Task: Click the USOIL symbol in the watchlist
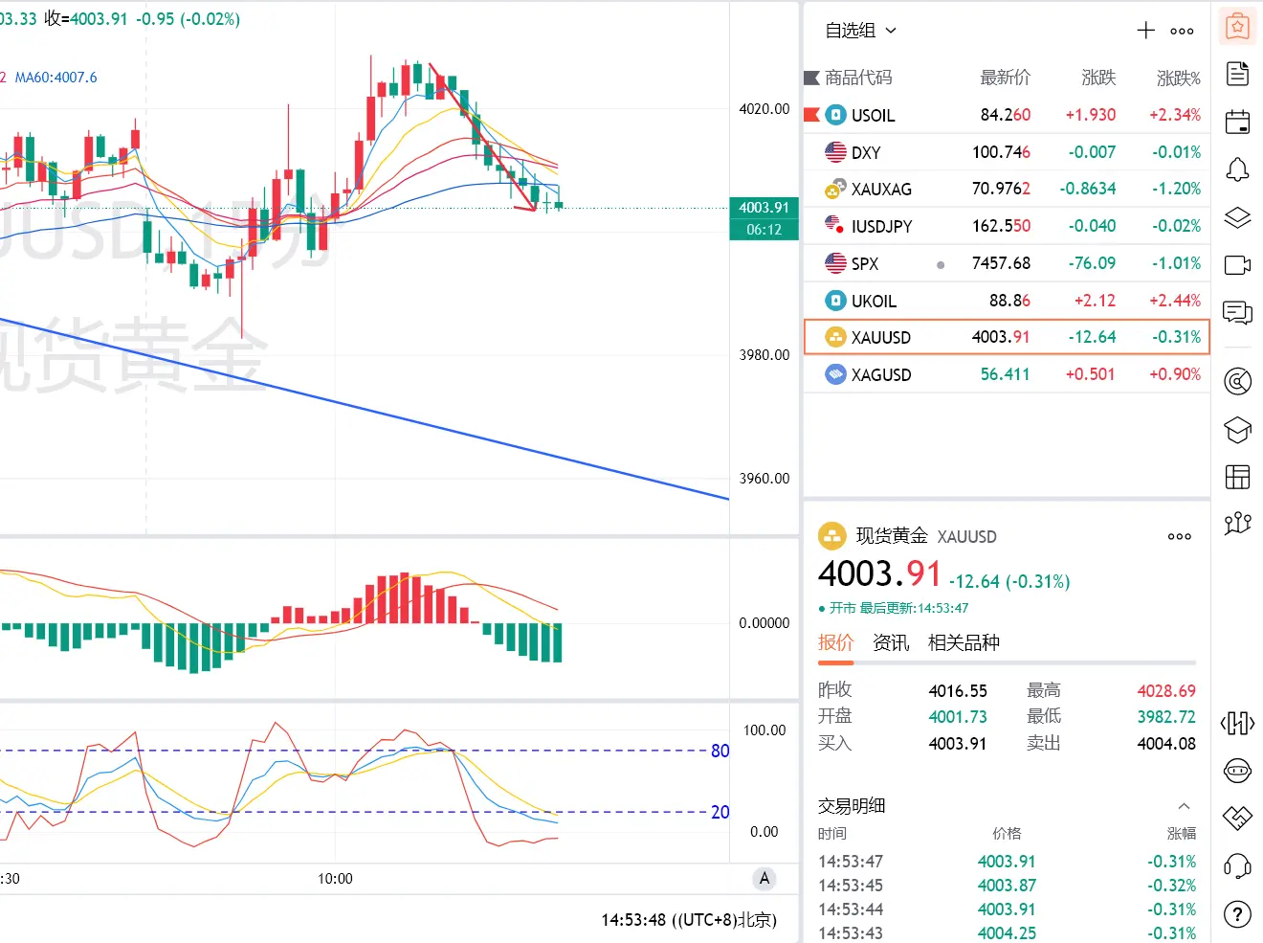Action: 873,115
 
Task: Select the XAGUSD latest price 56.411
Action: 1005,374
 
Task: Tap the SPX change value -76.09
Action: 1092,263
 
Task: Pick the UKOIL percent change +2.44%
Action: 1175,301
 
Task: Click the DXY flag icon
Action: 835,152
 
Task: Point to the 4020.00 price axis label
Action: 764,109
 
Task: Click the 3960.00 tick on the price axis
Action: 764,479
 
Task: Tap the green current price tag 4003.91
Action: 764,208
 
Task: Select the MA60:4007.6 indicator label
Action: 55,78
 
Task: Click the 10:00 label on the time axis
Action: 336,879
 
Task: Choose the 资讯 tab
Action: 891,642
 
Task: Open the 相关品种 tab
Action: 964,642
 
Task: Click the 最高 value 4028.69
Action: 1166,690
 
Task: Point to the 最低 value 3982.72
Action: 1166,717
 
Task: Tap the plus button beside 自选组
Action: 1145,31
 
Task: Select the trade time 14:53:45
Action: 851,886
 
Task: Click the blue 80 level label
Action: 720,751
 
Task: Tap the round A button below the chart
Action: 764,879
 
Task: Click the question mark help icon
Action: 1238,914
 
